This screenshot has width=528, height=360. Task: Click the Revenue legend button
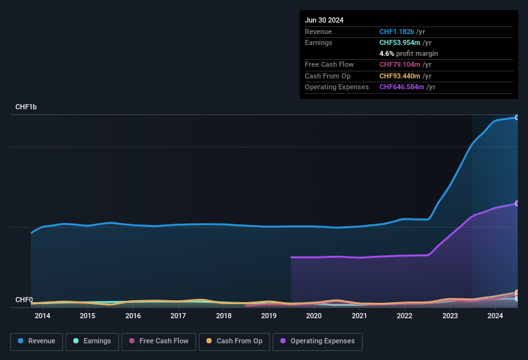tap(37, 341)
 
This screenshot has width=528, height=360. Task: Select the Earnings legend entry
tap(93, 341)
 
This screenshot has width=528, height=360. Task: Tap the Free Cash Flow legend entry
tap(159, 341)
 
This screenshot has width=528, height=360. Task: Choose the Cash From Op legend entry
tap(233, 341)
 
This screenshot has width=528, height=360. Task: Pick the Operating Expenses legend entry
tap(318, 341)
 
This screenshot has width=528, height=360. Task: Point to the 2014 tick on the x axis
tap(42, 316)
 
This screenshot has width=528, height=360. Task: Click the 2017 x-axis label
tap(178, 316)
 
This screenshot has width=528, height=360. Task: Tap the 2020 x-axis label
tap(314, 316)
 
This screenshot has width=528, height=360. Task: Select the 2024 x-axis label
tap(495, 316)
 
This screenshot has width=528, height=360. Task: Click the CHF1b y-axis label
tap(26, 107)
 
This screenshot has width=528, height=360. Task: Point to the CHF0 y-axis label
tap(24, 300)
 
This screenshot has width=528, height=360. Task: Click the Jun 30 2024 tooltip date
tap(324, 20)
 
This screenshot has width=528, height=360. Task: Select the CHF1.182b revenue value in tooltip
tap(397, 32)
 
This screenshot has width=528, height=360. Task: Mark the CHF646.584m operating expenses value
tap(402, 87)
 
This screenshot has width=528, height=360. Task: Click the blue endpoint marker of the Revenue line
tap(516, 118)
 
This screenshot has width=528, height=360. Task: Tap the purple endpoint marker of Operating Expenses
tap(516, 203)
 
